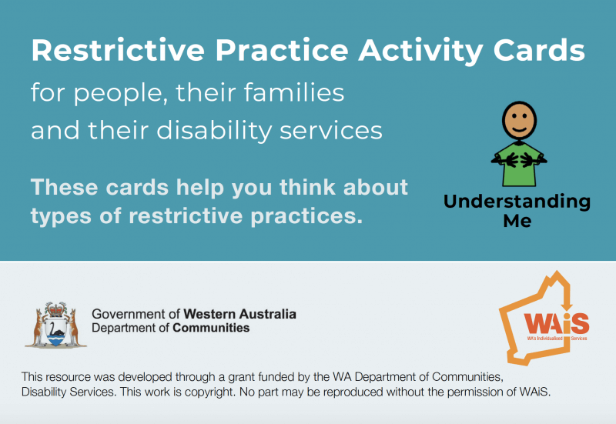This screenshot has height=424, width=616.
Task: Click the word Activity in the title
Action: coord(420,51)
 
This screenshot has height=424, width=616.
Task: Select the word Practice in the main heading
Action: coord(282,50)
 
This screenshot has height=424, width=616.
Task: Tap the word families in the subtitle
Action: coord(294,92)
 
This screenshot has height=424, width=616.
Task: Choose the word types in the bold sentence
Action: coord(62,217)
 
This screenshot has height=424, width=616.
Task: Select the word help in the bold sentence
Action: coord(199,188)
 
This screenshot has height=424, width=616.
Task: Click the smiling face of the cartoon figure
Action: coord(519,121)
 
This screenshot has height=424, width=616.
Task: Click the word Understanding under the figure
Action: coord(517,202)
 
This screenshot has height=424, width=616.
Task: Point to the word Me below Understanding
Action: coord(517,221)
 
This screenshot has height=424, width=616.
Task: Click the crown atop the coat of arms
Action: coord(55,309)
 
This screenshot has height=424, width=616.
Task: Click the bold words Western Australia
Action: coord(239,314)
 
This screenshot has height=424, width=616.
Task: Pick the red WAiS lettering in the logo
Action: coord(556,324)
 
